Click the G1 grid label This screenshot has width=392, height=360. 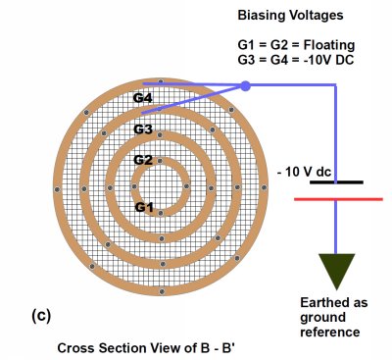point(144,207)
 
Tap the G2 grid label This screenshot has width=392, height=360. point(143,160)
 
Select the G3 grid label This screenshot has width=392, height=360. point(143,129)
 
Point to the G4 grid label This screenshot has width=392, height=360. point(143,98)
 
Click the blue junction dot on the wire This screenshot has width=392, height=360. point(245,86)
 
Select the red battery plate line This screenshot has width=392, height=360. point(338,199)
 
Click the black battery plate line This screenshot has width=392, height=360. point(336,182)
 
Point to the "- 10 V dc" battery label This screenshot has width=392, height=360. point(304,172)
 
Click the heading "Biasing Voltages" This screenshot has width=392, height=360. point(290,16)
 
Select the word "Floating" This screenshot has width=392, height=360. point(329,45)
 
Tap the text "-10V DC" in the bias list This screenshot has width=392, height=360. point(329,60)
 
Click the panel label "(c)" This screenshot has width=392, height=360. point(41,316)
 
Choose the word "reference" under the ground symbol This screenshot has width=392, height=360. point(330,333)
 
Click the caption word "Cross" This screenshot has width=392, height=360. point(76,348)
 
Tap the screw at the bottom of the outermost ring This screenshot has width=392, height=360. point(162,291)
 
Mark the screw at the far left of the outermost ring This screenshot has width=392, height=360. point(58,189)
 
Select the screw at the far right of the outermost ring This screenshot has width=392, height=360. point(264,187)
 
